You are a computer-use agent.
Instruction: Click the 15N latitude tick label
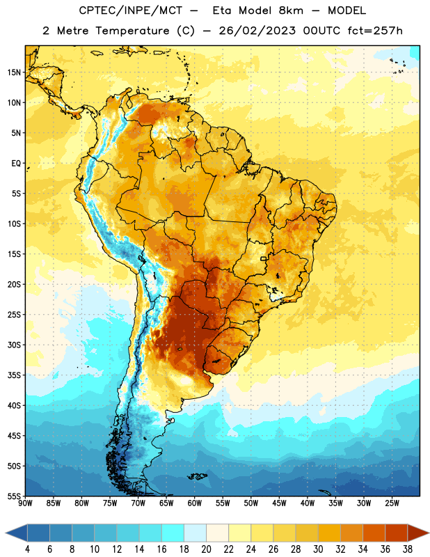tap(14, 72)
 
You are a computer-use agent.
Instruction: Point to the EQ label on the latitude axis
tap(16, 164)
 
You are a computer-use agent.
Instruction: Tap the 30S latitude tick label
tap(14, 345)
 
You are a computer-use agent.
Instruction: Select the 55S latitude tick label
tap(14, 496)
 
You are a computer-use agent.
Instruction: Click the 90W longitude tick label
tap(25, 503)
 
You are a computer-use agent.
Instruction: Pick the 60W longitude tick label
tap(195, 503)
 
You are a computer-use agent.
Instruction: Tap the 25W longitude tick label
tap(392, 503)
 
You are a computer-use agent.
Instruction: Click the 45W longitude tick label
tap(279, 503)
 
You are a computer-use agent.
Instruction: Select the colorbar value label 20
tap(206, 549)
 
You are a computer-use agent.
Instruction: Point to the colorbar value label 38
tap(408, 549)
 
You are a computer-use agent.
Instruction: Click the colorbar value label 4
tap(27, 549)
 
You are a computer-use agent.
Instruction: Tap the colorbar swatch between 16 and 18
tap(173, 533)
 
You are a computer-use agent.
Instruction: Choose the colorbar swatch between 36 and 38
tap(397, 533)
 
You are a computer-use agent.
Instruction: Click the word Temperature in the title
tap(132, 31)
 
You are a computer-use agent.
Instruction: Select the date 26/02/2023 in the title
tap(257, 31)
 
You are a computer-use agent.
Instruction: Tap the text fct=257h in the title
tap(375, 31)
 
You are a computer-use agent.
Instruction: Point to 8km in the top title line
tap(291, 10)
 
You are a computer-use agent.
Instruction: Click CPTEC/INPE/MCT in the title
tap(130, 10)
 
